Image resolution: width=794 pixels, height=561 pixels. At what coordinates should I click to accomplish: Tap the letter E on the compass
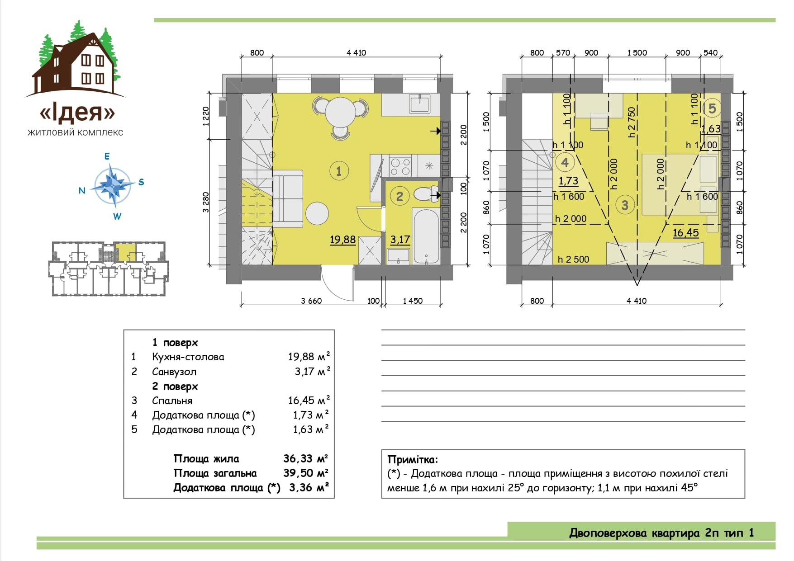pos(107,156)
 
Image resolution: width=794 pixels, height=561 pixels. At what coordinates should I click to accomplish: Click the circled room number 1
pos(339,171)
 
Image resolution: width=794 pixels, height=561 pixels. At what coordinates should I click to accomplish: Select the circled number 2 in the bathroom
pos(399,196)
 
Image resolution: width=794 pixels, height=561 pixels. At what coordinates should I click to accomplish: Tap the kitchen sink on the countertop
pos(420,104)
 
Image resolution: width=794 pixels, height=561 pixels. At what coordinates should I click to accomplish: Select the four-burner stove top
pos(400,165)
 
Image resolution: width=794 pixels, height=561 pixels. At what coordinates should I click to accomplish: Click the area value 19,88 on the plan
pos(342,240)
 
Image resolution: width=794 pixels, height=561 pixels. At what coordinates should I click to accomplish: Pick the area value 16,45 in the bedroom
pos(685,233)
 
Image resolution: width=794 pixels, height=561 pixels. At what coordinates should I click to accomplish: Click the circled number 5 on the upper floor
pos(712,108)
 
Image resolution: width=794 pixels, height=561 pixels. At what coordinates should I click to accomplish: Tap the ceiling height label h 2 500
pos(573,259)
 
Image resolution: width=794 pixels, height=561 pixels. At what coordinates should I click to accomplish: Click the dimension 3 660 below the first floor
pos(311,301)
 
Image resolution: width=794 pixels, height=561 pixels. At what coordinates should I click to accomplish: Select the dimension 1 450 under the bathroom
pos(413,301)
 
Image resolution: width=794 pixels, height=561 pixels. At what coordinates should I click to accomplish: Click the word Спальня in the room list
pos(172,401)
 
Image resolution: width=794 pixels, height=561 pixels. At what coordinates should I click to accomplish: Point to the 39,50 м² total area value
pos(306,473)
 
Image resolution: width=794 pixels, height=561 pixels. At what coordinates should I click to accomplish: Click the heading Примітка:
pos(413,460)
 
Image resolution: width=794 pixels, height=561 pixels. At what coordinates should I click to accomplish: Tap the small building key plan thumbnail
pos(109,269)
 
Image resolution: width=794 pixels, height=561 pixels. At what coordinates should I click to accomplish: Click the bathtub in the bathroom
pos(426,236)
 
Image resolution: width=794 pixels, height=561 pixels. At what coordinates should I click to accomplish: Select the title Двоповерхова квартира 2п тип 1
pos(661,533)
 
